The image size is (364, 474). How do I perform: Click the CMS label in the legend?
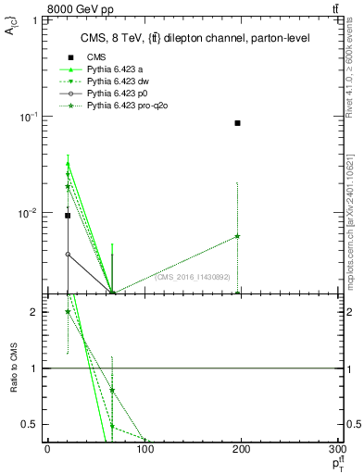tap(97, 57)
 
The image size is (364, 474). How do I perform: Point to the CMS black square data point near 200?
tap(238, 123)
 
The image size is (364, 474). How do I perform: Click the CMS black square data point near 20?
tap(68, 216)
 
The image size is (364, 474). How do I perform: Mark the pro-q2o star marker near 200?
tap(238, 236)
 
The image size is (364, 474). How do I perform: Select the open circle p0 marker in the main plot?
tap(68, 254)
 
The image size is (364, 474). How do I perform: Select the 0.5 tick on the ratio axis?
tap(36, 425)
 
